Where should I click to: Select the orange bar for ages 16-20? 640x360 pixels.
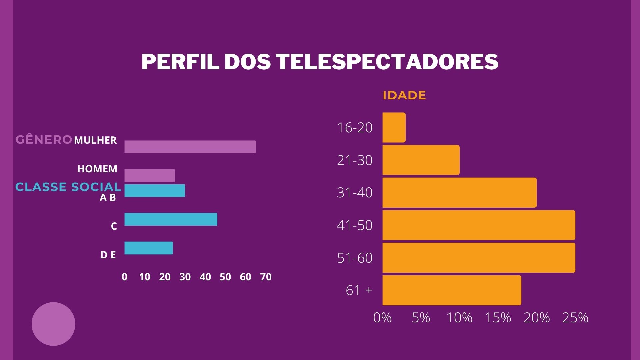[394, 128]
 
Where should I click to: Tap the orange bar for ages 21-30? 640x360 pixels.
[421, 160]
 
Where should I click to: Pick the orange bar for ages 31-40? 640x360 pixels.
[459, 193]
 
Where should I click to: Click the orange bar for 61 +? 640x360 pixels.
[452, 290]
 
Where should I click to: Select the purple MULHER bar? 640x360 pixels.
[190, 147]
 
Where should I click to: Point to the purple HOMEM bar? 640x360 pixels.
[150, 176]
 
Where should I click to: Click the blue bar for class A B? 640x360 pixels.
[155, 191]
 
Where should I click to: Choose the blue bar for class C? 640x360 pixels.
[171, 219]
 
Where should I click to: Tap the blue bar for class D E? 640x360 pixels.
[149, 248]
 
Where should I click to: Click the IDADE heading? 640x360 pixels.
[404, 95]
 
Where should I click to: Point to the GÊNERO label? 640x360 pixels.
[44, 140]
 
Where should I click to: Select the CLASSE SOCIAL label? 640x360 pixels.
[68, 187]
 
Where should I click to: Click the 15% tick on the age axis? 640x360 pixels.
[498, 318]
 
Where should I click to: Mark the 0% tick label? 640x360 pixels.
[382, 318]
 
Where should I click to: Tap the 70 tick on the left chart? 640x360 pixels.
[266, 277]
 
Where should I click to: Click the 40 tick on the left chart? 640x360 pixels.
[205, 277]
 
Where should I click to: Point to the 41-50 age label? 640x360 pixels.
[355, 225]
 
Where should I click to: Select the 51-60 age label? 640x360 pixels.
[355, 258]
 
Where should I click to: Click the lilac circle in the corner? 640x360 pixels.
[53, 324]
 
